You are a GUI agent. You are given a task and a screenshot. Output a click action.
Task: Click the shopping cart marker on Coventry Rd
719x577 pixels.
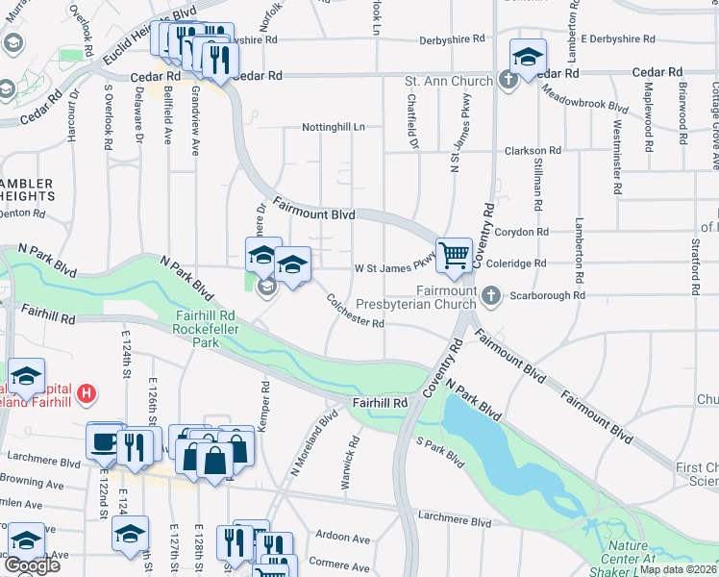pos(454,255)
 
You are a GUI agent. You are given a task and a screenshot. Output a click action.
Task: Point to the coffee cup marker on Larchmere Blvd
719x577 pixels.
pos(104,441)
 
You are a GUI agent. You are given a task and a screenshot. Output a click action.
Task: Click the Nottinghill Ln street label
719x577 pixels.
pos(334,127)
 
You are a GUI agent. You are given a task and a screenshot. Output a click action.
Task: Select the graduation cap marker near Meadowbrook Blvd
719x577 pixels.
pos(527,58)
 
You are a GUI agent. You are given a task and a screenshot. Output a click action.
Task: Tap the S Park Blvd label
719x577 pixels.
pos(439,452)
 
